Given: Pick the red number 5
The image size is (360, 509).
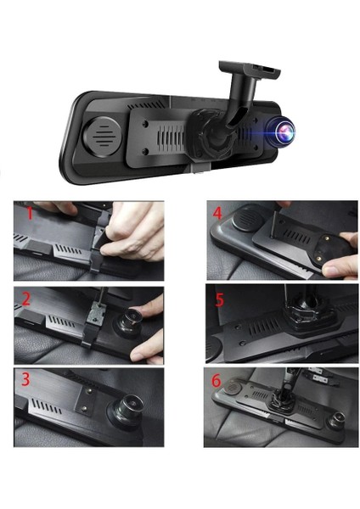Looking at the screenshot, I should pos(220,299).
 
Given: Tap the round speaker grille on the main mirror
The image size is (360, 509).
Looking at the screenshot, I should pos(103,132).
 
